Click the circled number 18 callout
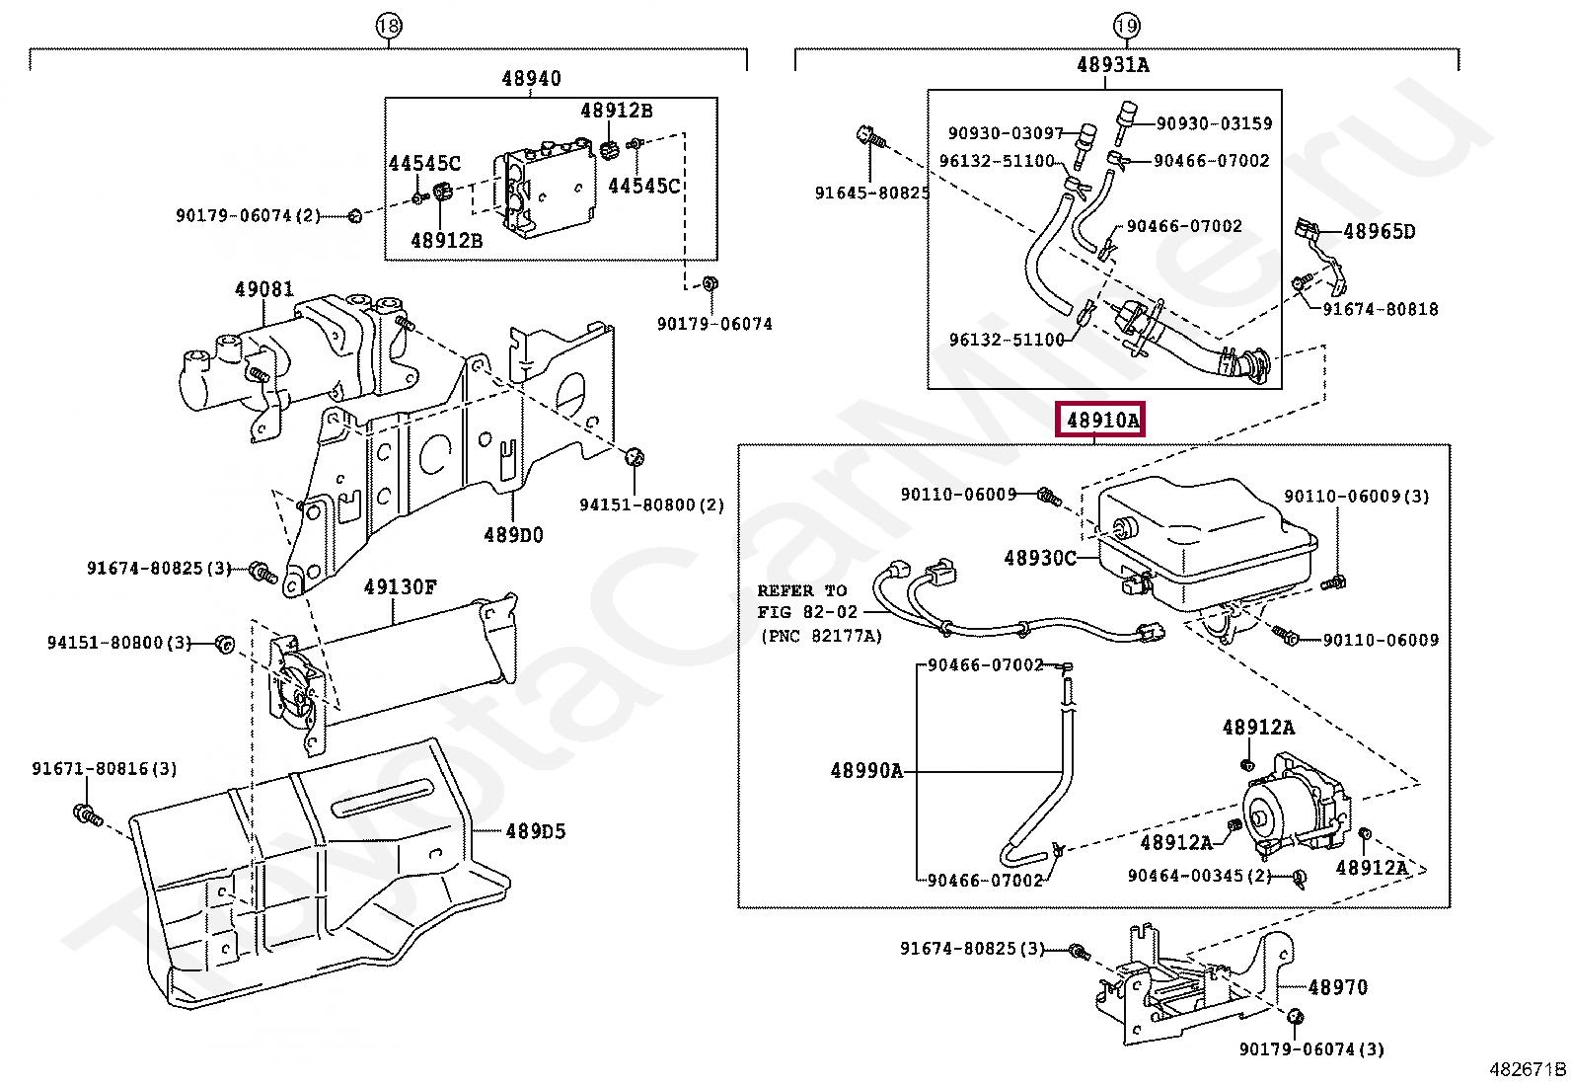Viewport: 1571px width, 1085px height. point(389,27)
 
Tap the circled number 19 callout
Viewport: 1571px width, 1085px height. point(1126,27)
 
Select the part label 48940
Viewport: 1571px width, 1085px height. point(531,78)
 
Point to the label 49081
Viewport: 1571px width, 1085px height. point(264,288)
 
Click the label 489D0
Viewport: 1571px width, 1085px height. point(513,535)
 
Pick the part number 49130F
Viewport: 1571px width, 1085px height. point(401,586)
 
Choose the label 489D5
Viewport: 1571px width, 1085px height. point(535,831)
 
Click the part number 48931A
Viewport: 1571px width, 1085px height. point(1113,64)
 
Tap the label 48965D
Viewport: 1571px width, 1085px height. point(1379,232)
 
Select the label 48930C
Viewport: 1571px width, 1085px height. point(1040,558)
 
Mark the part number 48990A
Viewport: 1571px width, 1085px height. point(866,771)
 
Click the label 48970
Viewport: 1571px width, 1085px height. point(1338,987)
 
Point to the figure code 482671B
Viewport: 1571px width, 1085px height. point(1528,1069)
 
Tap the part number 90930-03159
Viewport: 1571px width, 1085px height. point(1214,123)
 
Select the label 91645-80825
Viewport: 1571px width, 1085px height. point(872,193)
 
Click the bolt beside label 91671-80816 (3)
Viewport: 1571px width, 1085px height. point(88,815)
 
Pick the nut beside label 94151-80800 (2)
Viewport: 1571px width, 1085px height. point(635,457)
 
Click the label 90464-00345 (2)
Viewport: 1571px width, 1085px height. point(1199,875)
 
